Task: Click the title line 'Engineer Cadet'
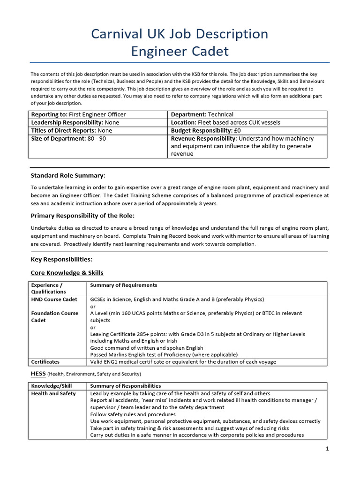click(x=180, y=51)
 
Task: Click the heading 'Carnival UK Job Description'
click(x=180, y=34)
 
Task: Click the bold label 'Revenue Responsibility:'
click(x=203, y=139)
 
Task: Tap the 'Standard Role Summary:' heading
click(x=68, y=175)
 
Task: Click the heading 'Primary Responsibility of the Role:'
click(x=82, y=216)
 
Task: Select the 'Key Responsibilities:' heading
click(x=61, y=259)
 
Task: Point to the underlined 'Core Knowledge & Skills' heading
click(x=67, y=272)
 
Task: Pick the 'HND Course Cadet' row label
click(x=54, y=299)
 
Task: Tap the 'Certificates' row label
click(x=45, y=362)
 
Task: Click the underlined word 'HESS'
click(x=38, y=374)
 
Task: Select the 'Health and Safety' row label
click(x=53, y=393)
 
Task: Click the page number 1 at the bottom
click(x=327, y=449)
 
